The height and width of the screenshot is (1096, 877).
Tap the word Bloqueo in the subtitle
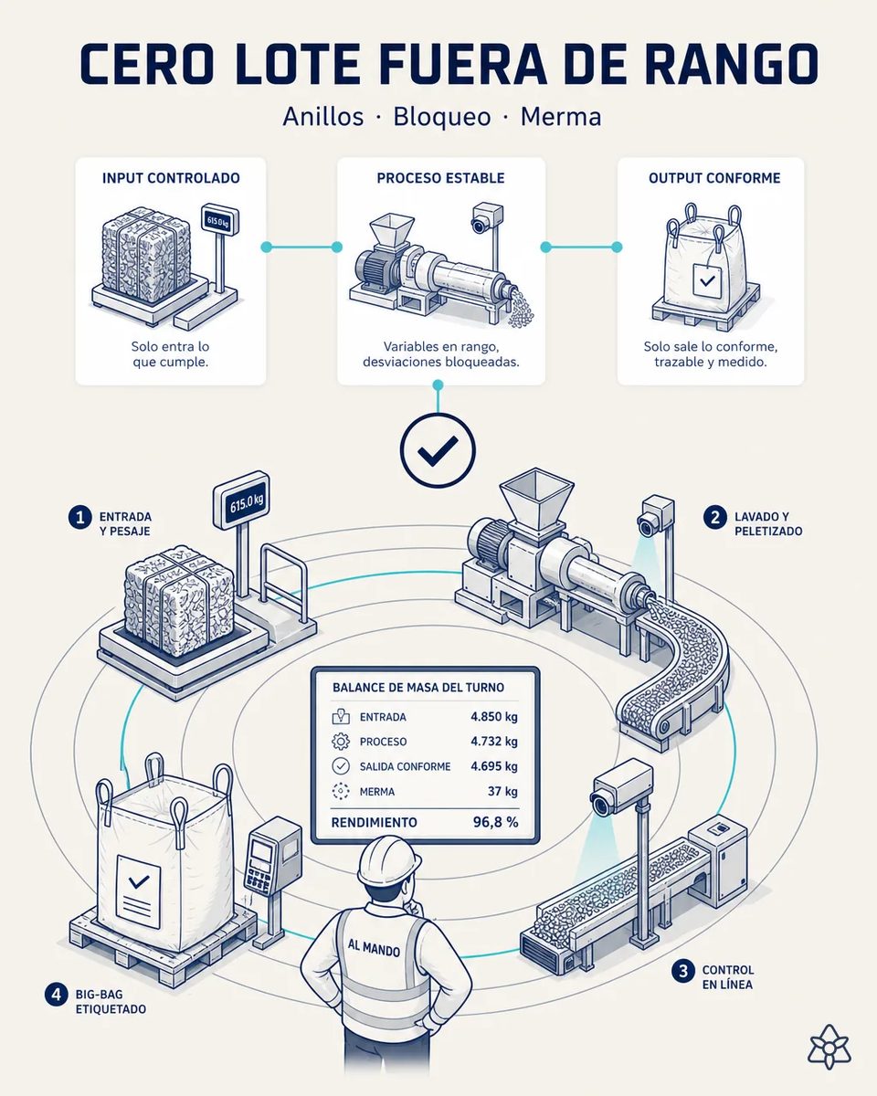[442, 117]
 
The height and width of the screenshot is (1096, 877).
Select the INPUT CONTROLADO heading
[171, 178]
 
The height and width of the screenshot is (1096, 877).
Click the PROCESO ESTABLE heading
[441, 178]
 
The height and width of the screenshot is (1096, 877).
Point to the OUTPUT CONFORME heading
[714, 178]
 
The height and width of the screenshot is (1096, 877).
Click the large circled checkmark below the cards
[438, 450]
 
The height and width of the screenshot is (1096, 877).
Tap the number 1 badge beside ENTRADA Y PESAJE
[80, 518]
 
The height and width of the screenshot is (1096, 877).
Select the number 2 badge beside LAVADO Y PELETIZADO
[715, 518]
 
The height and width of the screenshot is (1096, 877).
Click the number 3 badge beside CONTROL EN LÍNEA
[683, 971]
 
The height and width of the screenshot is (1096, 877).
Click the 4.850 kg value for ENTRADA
[494, 717]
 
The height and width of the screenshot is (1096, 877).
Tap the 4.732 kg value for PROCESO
[494, 742]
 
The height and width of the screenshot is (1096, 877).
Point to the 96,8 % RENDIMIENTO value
[496, 822]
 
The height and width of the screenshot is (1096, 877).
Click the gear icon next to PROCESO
[341, 742]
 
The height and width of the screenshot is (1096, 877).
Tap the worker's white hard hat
[389, 860]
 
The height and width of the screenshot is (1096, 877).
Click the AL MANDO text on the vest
[374, 948]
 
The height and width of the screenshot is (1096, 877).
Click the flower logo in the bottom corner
[829, 1046]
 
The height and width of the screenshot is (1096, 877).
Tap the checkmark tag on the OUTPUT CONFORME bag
[707, 280]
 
